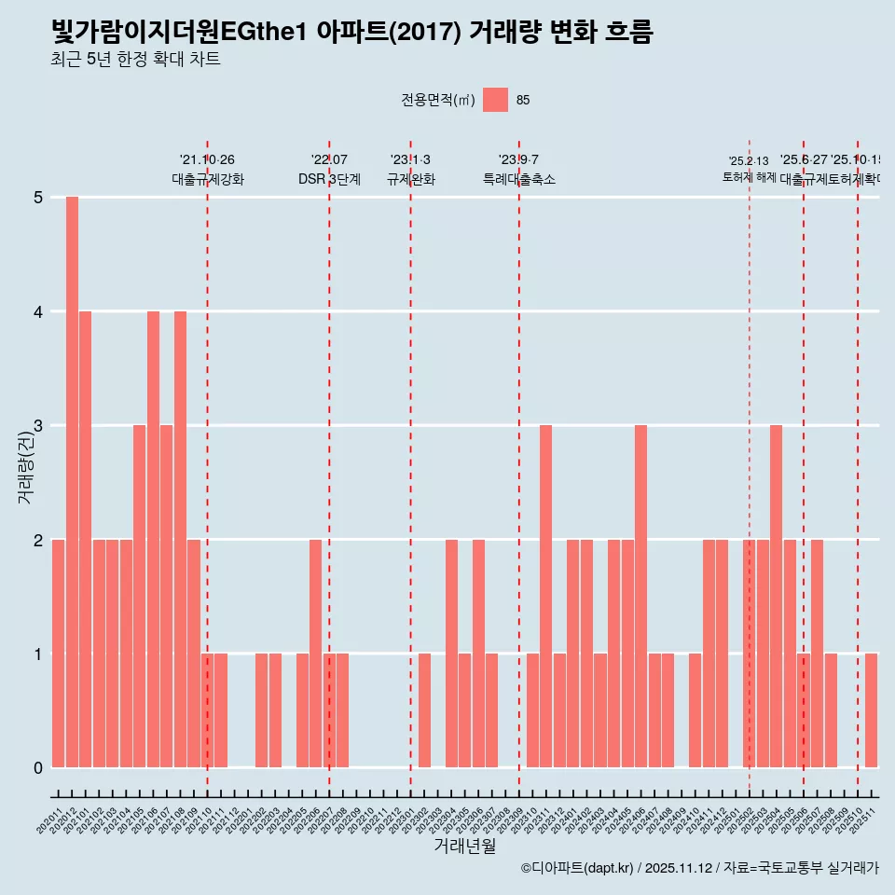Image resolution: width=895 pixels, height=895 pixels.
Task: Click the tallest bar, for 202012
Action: [x=72, y=482]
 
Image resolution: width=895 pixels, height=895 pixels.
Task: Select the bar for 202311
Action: [x=546, y=597]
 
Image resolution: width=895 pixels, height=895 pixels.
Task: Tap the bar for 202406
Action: [x=640, y=597]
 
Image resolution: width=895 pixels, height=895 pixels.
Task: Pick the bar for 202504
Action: [x=776, y=597]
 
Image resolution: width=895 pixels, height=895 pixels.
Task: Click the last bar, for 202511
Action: [x=871, y=710]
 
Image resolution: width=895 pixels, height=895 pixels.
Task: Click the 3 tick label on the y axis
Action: [x=38, y=426]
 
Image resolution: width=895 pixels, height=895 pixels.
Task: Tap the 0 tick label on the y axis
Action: [x=38, y=768]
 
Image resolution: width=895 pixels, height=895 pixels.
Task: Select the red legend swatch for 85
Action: [x=496, y=100]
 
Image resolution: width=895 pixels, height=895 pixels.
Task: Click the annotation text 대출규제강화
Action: [x=208, y=179]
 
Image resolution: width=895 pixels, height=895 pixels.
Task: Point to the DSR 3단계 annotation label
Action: [x=329, y=179]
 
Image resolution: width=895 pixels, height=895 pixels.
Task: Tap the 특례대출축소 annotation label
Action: [x=519, y=179]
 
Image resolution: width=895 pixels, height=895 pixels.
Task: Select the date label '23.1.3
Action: [x=410, y=160]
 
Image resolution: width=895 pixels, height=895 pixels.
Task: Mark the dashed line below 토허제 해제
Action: [x=750, y=466]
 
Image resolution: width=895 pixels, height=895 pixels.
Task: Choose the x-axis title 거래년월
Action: [x=464, y=846]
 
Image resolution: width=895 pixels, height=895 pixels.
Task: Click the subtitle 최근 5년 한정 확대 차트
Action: [x=135, y=60]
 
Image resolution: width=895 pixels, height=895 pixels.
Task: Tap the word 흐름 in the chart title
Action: [x=628, y=33]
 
